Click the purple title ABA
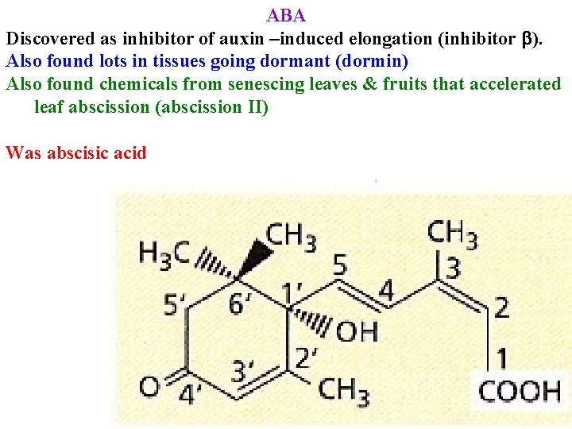pyautogui.click(x=286, y=15)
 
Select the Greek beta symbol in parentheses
pyautogui.click(x=527, y=38)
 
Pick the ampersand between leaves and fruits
pyautogui.click(x=369, y=84)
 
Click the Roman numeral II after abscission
pyautogui.click(x=259, y=106)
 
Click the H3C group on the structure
pyautogui.click(x=164, y=253)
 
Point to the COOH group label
pyautogui.click(x=519, y=391)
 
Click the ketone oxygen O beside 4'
pyautogui.click(x=149, y=387)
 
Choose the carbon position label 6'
pyautogui.click(x=239, y=303)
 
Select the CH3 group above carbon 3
pyautogui.click(x=452, y=234)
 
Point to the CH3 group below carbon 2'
pyautogui.click(x=343, y=391)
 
